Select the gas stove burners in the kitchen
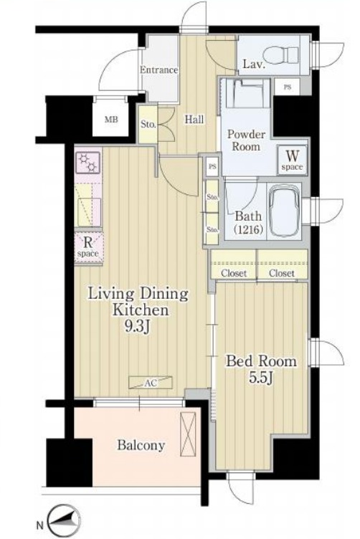pyautogui.click(x=88, y=162)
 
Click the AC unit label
pyautogui.click(x=151, y=383)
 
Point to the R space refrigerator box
pyautogui.click(x=88, y=247)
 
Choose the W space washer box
pyautogui.click(x=293, y=160)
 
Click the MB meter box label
pyautogui.click(x=111, y=120)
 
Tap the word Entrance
pyautogui.click(x=159, y=70)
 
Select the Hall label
pyautogui.click(x=194, y=120)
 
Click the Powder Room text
pyautogui.click(x=246, y=140)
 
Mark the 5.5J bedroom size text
pyautogui.click(x=261, y=378)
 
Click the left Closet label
pyautogui.click(x=234, y=273)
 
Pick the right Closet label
pyautogui.click(x=282, y=273)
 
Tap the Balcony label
pyautogui.click(x=141, y=446)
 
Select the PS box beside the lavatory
pyautogui.click(x=287, y=87)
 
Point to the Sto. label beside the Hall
pyautogui.click(x=148, y=125)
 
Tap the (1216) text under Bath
pyautogui.click(x=248, y=229)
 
